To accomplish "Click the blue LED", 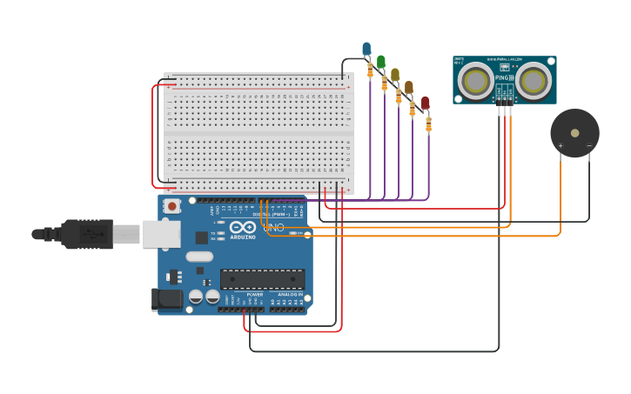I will [x=366, y=49].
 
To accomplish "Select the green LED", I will [x=380, y=62].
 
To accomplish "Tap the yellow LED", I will [x=395, y=75].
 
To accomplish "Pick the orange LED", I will [x=409, y=88].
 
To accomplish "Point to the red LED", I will [x=425, y=103].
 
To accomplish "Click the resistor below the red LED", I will [x=428, y=124].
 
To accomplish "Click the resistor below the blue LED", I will [x=370, y=70].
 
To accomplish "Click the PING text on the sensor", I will [x=503, y=77].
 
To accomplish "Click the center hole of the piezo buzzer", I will [x=574, y=133].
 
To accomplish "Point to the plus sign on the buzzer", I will [x=560, y=145].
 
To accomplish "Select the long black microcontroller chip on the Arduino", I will [x=262, y=278].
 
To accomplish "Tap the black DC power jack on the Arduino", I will [x=167, y=299].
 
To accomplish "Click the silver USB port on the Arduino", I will [x=162, y=233].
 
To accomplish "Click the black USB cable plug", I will [x=87, y=233].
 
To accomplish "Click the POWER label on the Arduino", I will [x=255, y=295].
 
